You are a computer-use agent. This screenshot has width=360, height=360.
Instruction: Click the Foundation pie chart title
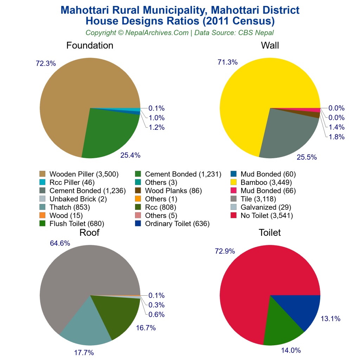[x=90, y=45]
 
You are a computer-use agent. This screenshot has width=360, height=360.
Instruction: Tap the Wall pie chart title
[x=270, y=45]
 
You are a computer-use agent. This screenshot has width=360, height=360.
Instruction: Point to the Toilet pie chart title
[x=270, y=232]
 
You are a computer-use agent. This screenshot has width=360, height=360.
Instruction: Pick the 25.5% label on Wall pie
[x=307, y=157]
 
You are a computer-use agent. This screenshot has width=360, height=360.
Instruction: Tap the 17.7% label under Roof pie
[x=84, y=353]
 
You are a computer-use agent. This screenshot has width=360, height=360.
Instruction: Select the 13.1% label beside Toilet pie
[x=330, y=319]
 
